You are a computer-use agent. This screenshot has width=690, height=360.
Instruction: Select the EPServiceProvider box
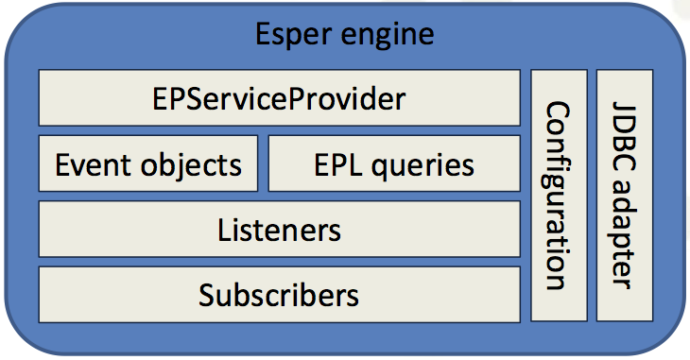click(x=279, y=97)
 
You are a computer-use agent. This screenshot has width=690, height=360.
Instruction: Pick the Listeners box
click(x=279, y=229)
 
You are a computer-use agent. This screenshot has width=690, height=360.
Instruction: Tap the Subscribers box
click(x=279, y=294)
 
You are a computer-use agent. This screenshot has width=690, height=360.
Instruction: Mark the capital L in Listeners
click(x=224, y=230)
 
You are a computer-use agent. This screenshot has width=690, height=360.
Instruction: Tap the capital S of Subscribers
click(x=207, y=295)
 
